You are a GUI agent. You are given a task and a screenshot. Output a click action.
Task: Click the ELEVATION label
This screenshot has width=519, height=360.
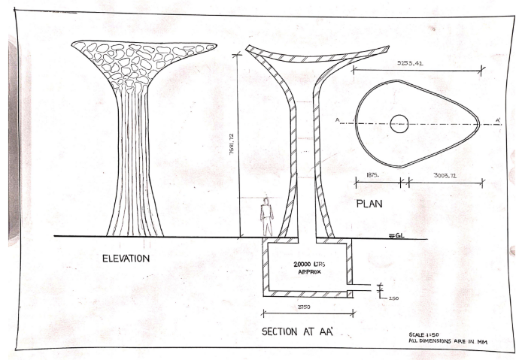126,259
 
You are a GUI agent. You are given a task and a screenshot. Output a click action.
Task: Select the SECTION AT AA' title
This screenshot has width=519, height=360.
298,331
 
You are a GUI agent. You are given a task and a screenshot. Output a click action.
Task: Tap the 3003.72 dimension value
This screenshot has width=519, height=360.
443,173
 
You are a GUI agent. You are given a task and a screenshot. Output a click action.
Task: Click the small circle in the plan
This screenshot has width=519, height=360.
399,123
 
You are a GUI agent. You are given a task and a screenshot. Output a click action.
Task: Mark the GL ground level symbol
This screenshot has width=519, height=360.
396,237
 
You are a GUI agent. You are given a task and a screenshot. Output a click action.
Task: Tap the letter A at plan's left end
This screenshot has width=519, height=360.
338,119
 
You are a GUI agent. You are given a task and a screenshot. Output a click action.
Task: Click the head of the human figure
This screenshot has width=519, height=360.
266,201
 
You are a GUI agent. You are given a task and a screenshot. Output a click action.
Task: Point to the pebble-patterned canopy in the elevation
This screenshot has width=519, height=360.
142,57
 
